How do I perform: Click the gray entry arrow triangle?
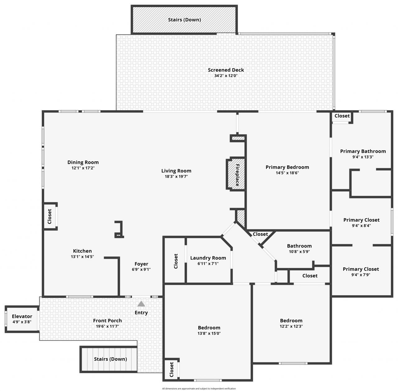(141, 304)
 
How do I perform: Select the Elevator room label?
(22, 316)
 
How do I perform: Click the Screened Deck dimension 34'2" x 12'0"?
(226, 76)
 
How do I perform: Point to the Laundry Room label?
(208, 258)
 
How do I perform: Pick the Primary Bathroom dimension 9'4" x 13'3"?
(361, 157)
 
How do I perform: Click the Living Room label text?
(176, 171)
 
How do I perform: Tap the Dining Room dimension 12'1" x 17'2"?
(83, 168)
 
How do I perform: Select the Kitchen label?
(82, 251)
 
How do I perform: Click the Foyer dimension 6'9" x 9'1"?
(141, 269)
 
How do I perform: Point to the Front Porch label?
(108, 320)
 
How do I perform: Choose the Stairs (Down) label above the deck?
(184, 20)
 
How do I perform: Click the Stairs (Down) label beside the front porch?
(110, 359)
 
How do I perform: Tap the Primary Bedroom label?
(287, 167)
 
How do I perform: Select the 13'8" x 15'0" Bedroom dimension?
(209, 333)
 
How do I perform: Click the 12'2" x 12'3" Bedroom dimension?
(291, 326)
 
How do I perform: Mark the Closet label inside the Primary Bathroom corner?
(342, 116)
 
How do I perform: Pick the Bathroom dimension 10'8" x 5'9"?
(299, 252)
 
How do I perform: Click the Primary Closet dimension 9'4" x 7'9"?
(361, 275)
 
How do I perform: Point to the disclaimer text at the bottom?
(199, 389)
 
